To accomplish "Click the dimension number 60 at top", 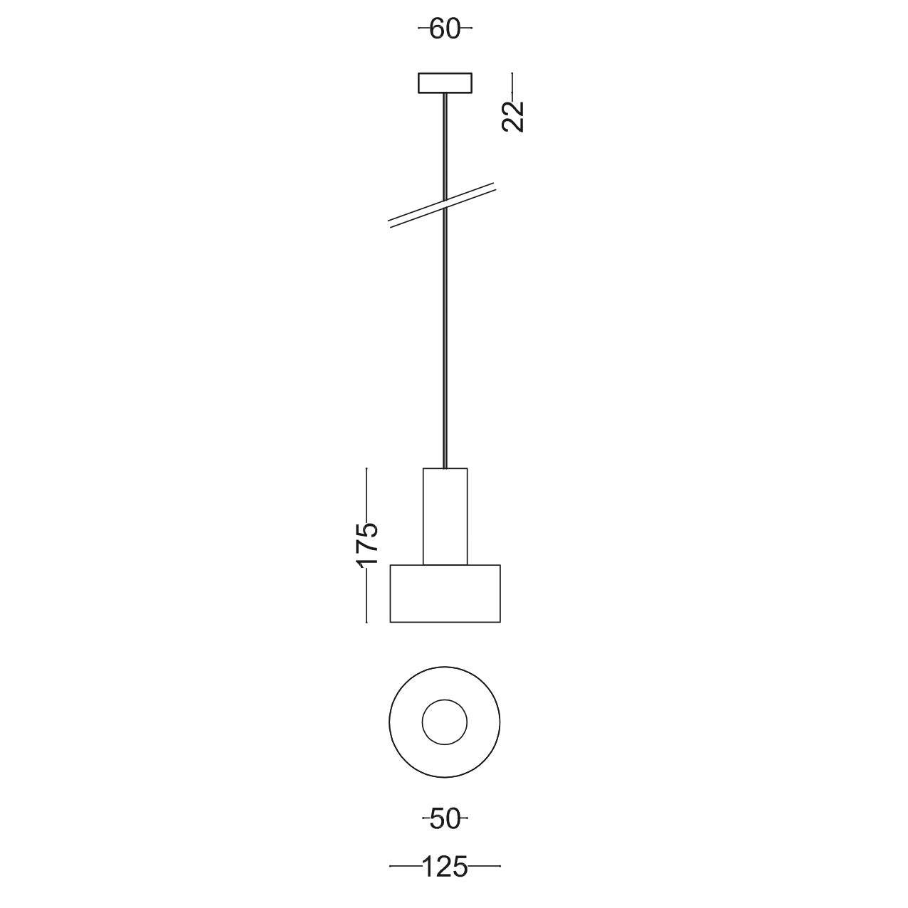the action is click(x=445, y=29).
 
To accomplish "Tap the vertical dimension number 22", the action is click(x=512, y=116).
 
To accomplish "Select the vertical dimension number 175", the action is click(x=366, y=544).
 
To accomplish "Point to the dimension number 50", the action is click(x=445, y=819).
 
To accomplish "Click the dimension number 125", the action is click(x=445, y=866).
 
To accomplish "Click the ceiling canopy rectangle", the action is click(x=445, y=83).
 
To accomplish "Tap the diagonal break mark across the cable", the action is click(x=441, y=206).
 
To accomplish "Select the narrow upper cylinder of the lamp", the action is click(x=445, y=517).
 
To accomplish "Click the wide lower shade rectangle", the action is click(x=445, y=593).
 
